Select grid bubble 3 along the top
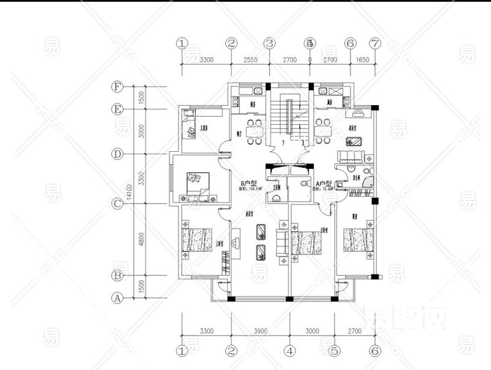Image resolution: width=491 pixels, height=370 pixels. tap(269, 44)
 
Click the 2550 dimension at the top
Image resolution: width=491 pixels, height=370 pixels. tap(249, 60)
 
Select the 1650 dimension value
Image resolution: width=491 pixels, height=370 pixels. tap(362, 60)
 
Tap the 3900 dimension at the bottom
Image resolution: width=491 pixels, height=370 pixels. tap(260, 331)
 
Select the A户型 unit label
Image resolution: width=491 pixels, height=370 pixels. tap(323, 183)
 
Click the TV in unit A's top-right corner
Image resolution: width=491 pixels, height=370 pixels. tap(358, 113)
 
